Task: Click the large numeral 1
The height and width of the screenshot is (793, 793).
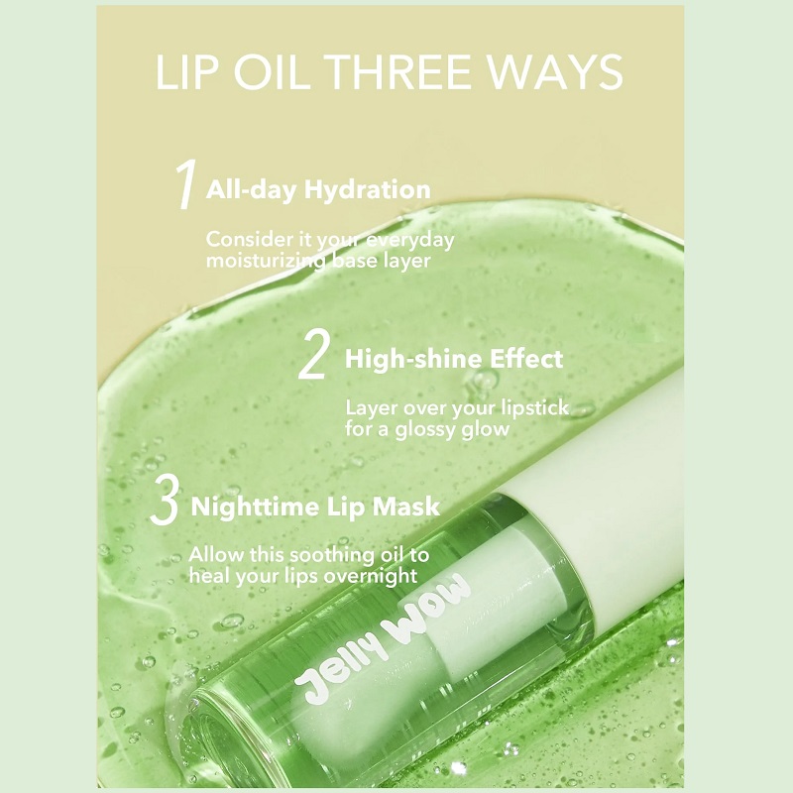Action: (x=184, y=184)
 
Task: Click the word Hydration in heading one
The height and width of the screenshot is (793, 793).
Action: (x=367, y=190)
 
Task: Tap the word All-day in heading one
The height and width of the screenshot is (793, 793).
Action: (x=252, y=190)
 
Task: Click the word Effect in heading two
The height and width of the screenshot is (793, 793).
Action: (x=526, y=359)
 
